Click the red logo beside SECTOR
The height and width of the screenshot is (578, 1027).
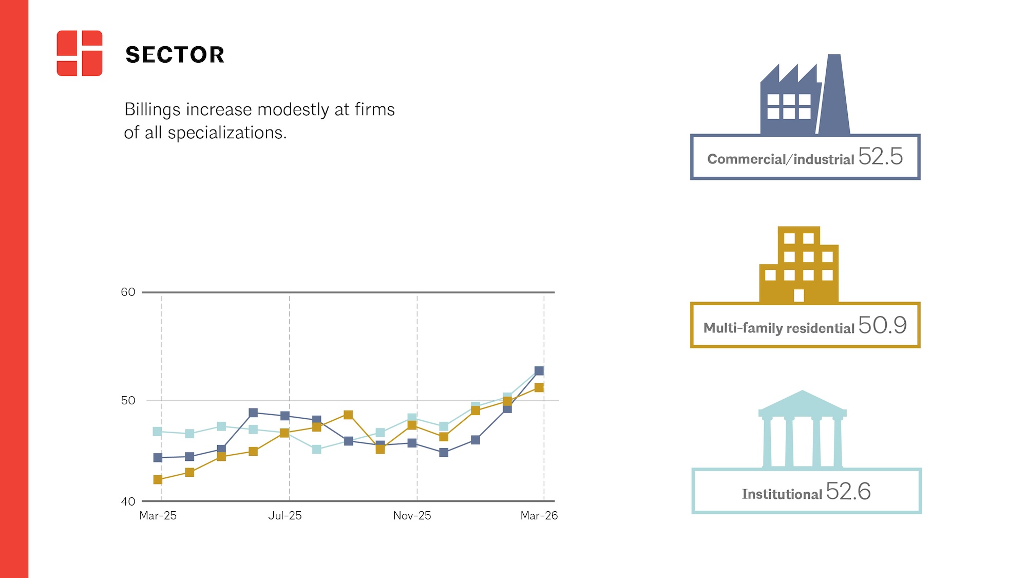[80, 53]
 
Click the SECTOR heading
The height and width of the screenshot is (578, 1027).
[175, 54]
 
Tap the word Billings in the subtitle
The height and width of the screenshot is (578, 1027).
[153, 110]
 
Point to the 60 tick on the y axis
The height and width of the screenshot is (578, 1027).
[128, 292]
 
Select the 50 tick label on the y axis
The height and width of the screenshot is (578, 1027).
[128, 400]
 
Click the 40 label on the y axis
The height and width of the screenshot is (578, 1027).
[128, 501]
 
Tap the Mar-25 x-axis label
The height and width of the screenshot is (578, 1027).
[158, 515]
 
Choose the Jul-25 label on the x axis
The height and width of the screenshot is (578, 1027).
[285, 515]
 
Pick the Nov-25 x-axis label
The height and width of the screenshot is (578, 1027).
[412, 515]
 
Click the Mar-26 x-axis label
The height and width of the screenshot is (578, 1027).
[539, 515]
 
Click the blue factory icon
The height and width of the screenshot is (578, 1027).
[805, 95]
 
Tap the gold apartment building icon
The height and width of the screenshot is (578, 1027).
[799, 265]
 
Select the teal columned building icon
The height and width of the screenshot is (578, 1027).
[803, 430]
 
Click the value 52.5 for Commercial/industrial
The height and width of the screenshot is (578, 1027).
[880, 156]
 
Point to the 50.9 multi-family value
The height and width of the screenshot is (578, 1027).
[882, 325]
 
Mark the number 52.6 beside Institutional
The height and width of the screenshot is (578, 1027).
[848, 491]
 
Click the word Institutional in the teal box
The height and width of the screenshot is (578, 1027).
[782, 494]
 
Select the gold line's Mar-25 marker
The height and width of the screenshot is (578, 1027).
[158, 480]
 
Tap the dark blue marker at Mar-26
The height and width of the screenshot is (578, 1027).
[539, 370]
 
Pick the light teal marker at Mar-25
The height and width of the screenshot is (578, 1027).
[158, 432]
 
